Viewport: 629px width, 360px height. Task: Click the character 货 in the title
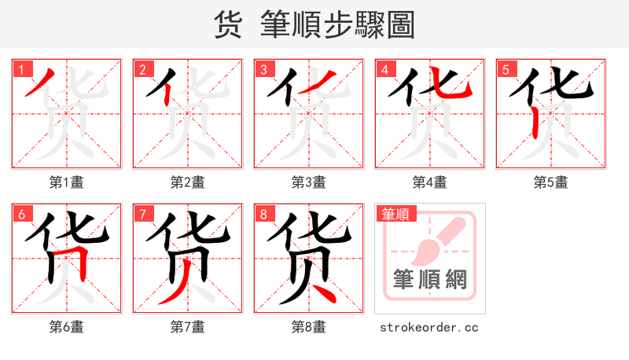(x=230, y=25)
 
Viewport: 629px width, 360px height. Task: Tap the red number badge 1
(x=20, y=70)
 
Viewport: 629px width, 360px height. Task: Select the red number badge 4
(x=384, y=70)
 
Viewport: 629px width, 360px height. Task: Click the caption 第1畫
(x=66, y=182)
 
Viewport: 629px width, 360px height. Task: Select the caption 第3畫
(x=308, y=182)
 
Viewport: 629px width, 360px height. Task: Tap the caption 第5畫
(x=550, y=182)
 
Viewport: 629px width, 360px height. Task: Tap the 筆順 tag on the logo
(x=397, y=214)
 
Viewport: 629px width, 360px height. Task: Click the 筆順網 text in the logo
(x=430, y=279)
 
